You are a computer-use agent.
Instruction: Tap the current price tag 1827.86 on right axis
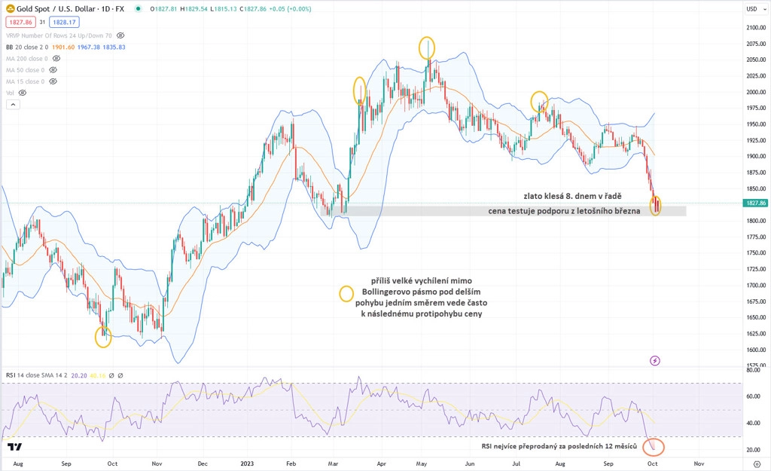(754, 203)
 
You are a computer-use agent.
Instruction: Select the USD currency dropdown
(754, 9)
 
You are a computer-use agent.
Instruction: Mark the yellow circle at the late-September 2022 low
(103, 336)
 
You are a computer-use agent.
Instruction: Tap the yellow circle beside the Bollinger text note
(346, 293)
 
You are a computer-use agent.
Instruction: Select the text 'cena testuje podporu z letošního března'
(564, 211)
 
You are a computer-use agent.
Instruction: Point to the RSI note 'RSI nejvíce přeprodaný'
(559, 447)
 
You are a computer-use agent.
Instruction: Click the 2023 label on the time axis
(248, 463)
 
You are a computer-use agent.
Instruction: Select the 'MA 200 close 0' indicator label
(26, 58)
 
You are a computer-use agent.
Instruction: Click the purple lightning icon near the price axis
(654, 360)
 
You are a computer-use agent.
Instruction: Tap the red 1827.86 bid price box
(20, 22)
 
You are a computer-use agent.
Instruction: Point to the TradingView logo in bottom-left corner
(14, 447)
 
